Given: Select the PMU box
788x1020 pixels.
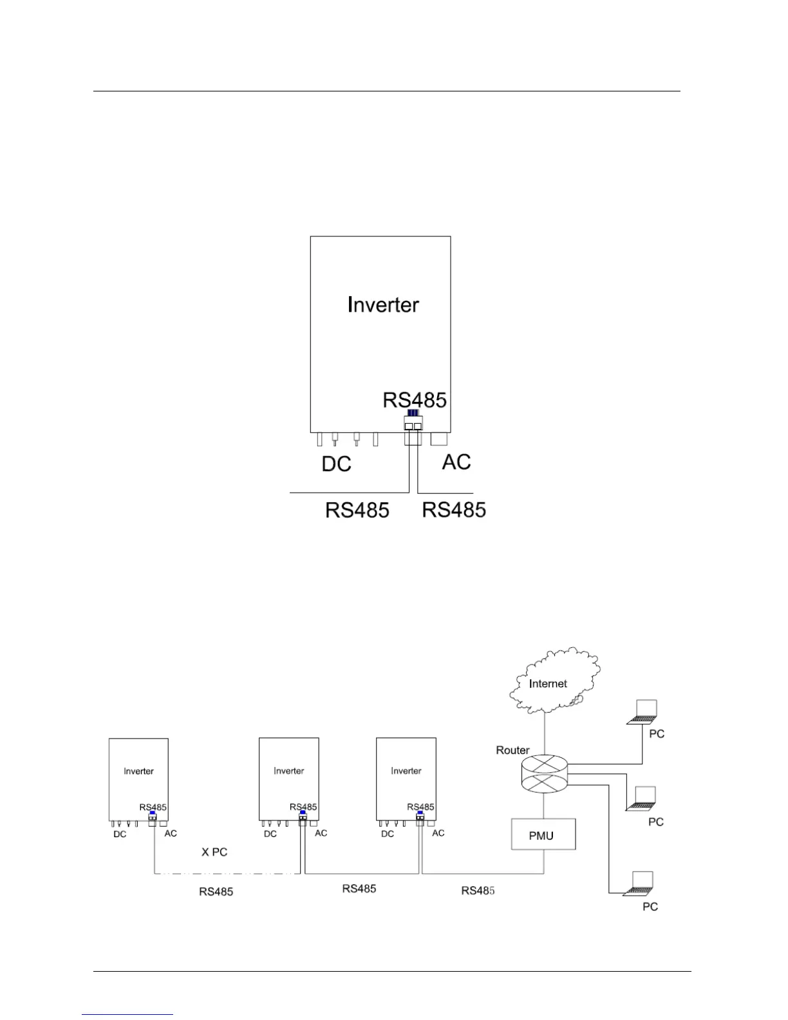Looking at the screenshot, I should point(543,835).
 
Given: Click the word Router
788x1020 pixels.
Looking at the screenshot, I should point(512,750).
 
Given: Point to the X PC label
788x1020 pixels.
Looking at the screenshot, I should point(214,852).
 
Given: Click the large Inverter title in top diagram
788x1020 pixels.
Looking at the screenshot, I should point(383,305).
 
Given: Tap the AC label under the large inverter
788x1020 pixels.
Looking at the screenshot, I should point(456,462).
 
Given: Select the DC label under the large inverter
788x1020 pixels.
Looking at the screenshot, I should point(336,464).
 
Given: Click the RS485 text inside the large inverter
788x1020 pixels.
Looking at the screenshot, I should point(415,400).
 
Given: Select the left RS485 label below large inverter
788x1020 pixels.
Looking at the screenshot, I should point(357,510).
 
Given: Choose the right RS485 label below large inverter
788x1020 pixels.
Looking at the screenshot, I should point(454,509).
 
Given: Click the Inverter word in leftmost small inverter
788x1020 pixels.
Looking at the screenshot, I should point(138,771).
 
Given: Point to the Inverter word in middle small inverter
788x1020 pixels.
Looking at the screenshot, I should point(288,770).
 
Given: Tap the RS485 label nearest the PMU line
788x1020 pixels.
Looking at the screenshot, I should point(478,891).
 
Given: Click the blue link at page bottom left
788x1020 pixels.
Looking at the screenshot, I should point(127,1014).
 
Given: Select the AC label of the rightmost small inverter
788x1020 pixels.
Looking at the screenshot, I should point(438,833).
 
